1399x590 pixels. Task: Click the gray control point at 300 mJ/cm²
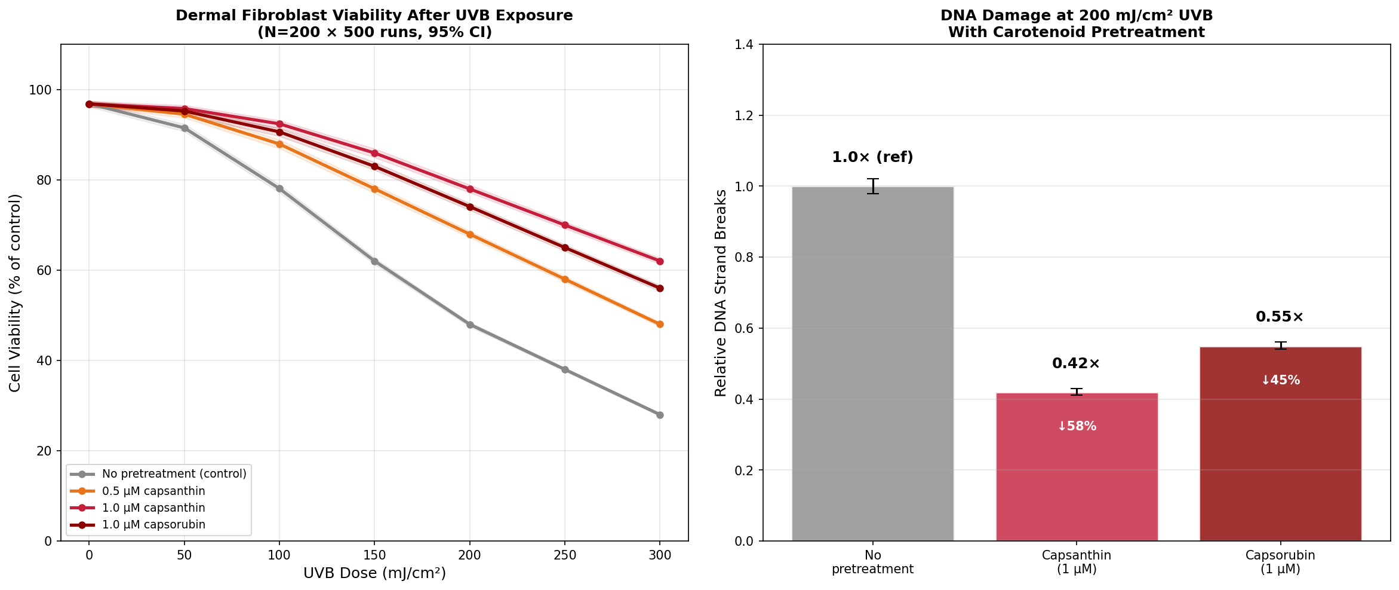coord(660,415)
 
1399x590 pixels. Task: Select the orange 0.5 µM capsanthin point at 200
coord(470,234)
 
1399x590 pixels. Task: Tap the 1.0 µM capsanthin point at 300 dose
coord(660,261)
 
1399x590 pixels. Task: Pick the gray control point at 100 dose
coord(279,188)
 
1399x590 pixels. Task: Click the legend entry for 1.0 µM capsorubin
coord(153,525)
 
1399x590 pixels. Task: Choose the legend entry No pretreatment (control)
coord(174,474)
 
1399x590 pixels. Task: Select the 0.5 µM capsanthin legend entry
coord(153,491)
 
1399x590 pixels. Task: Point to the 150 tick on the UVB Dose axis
coord(374,555)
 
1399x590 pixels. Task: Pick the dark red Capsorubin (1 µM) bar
coord(1280,454)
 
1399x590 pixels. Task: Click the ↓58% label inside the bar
coord(1077,426)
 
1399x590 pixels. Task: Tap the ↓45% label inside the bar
coord(1280,380)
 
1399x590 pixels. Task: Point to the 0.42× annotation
coord(1076,363)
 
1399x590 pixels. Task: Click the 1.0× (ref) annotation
coord(872,157)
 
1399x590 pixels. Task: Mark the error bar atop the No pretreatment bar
coord(873,186)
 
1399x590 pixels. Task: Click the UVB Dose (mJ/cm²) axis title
coord(374,573)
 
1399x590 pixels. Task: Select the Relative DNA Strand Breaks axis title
coord(721,293)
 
